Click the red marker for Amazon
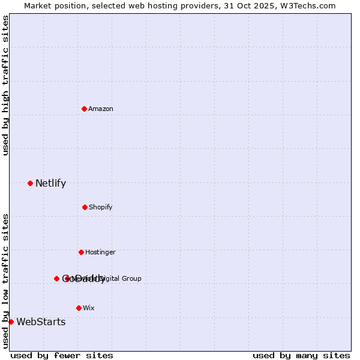[x=84, y=109]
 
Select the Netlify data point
[x=30, y=183]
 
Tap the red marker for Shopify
[x=85, y=207]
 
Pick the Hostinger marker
[x=81, y=252]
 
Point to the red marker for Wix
[x=79, y=308]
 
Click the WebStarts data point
[x=11, y=322]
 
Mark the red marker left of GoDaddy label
[x=56, y=278]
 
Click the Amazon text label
[x=101, y=109]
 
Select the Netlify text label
[x=50, y=184]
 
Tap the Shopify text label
[x=101, y=207]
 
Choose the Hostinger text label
[x=100, y=252]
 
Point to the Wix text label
[x=89, y=308]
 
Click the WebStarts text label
[x=41, y=322]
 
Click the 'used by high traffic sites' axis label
[x=5, y=85]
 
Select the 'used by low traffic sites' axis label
[x=5, y=281]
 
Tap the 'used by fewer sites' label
[x=62, y=355]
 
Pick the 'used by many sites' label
[x=301, y=355]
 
